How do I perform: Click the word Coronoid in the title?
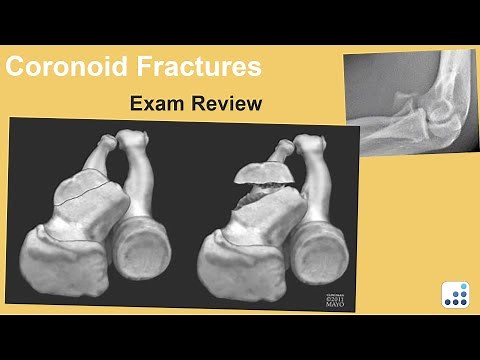click(70, 68)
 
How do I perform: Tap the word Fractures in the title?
click(200, 68)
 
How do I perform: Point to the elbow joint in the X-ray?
click(425, 120)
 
